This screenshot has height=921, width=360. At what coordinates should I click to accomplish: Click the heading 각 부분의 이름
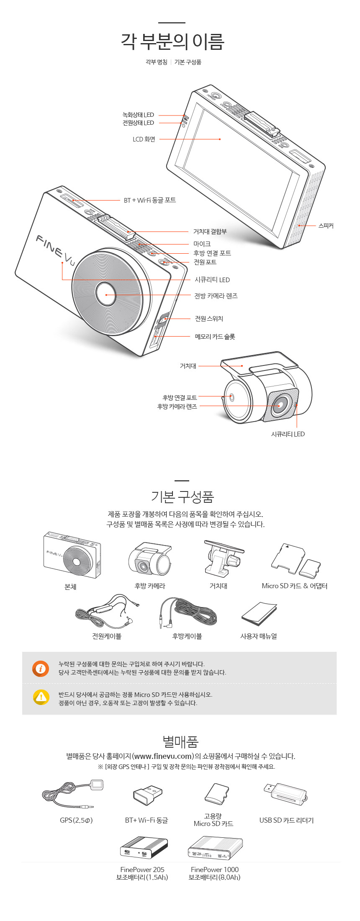click(x=173, y=41)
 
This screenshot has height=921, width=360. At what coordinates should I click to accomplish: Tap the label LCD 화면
click(x=144, y=139)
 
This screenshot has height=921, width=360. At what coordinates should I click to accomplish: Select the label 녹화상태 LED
click(x=138, y=115)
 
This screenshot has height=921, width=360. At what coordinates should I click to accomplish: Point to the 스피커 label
click(x=326, y=226)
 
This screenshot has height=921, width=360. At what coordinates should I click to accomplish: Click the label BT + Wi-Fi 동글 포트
click(x=149, y=200)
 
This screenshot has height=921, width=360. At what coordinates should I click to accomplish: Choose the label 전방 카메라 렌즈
click(x=216, y=296)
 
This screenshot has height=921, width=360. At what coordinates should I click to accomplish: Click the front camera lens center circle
click(x=106, y=295)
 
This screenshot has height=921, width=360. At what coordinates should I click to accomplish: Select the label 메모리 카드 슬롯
click(x=215, y=337)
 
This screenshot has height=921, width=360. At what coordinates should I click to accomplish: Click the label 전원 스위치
click(x=209, y=319)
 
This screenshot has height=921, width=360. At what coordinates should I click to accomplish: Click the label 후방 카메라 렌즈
click(x=177, y=406)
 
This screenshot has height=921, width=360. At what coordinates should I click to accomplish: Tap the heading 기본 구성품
click(x=182, y=497)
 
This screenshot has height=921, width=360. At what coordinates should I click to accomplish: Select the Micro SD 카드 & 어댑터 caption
click(x=294, y=586)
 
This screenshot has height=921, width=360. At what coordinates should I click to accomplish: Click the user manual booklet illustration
click(x=259, y=614)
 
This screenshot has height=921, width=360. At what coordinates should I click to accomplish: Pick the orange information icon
click(x=41, y=669)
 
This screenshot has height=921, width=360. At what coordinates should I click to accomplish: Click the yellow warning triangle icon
click(x=41, y=697)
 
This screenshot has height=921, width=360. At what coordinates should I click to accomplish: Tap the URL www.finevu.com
click(x=163, y=756)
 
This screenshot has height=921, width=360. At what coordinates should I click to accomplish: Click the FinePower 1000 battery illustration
click(x=215, y=848)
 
